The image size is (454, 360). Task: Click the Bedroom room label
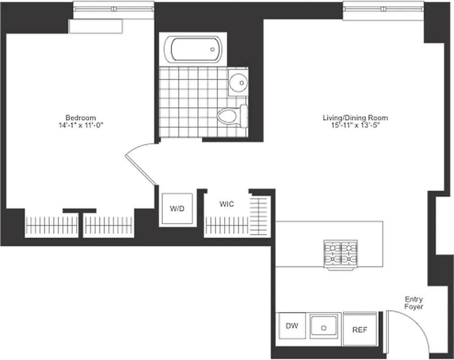[80, 117]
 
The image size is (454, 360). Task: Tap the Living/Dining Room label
[355, 118]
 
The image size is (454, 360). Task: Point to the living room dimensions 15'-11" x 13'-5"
[355, 125]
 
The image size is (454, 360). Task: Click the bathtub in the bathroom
[193, 50]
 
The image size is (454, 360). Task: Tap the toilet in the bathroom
[231, 116]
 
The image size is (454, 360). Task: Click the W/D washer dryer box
[177, 209]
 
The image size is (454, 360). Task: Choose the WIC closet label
[226, 204]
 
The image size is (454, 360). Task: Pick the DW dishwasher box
[289, 325]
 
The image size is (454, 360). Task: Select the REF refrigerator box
[359, 329]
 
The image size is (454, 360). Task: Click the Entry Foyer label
[413, 303]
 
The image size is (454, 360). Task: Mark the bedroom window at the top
[113, 9]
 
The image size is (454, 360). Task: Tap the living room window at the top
[383, 9]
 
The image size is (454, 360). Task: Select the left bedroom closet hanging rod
[51, 224]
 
